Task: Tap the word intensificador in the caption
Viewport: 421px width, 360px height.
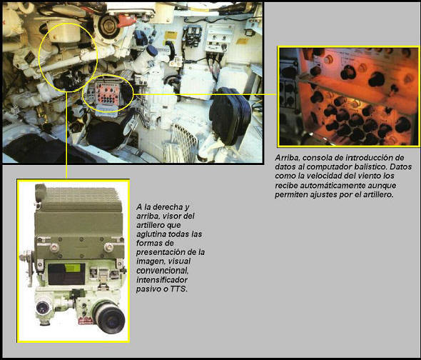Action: coord(162,280)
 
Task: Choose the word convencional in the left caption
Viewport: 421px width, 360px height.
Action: coord(163,271)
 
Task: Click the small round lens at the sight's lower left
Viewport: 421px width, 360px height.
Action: coord(42,308)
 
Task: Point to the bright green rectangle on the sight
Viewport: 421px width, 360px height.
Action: coord(73,268)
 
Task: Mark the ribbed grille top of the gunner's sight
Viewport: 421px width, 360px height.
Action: coord(81,198)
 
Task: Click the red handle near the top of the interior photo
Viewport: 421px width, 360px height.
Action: coord(126,21)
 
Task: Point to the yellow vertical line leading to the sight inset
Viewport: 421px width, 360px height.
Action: coord(66,135)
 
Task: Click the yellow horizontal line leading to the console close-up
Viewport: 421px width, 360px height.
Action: coord(205,94)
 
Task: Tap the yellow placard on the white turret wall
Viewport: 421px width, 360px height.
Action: coord(171,36)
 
